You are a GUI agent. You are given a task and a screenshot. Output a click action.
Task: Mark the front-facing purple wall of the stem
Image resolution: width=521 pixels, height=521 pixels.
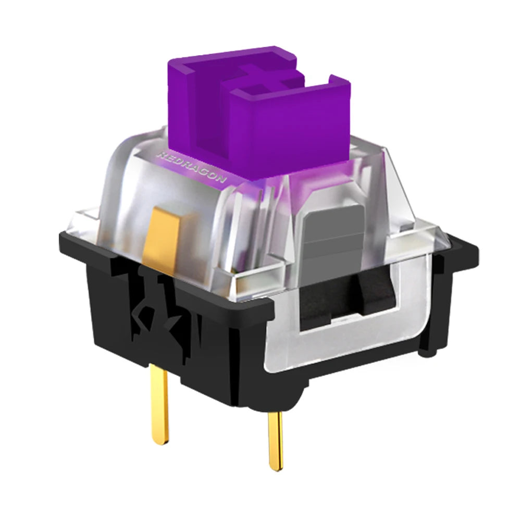click(x=292, y=130)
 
